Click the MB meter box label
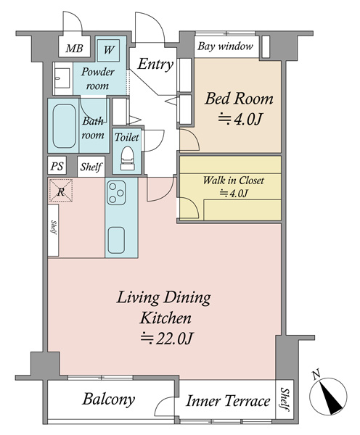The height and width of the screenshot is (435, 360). pyautogui.click(x=75, y=49)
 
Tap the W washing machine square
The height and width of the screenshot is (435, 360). pyautogui.click(x=109, y=50)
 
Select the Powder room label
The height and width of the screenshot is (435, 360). pyautogui.click(x=97, y=79)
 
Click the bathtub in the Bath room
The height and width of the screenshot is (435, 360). pyautogui.click(x=65, y=126)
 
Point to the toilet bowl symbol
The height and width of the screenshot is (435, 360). pyautogui.click(x=128, y=158)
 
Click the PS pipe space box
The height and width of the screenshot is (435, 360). pyautogui.click(x=57, y=166)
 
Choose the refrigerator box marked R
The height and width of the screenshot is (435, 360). pyautogui.click(x=61, y=190)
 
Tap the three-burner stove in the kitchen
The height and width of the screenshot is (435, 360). pyautogui.click(x=116, y=193)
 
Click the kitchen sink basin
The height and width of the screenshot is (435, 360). pyautogui.click(x=116, y=240)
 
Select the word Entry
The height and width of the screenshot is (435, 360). pyautogui.click(x=155, y=65)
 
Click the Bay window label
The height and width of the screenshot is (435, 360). pyautogui.click(x=225, y=46)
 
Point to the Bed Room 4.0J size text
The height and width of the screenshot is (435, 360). pyautogui.click(x=240, y=120)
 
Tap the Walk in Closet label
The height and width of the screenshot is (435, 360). pyautogui.click(x=233, y=181)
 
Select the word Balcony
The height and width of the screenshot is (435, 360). pyautogui.click(x=109, y=399)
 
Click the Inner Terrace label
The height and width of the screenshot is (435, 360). pyautogui.click(x=228, y=401)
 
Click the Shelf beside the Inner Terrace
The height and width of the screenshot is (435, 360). pyautogui.click(x=285, y=399)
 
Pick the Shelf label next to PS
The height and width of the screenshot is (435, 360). pyautogui.click(x=91, y=167)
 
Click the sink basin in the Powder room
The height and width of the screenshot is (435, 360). pyautogui.click(x=62, y=78)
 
